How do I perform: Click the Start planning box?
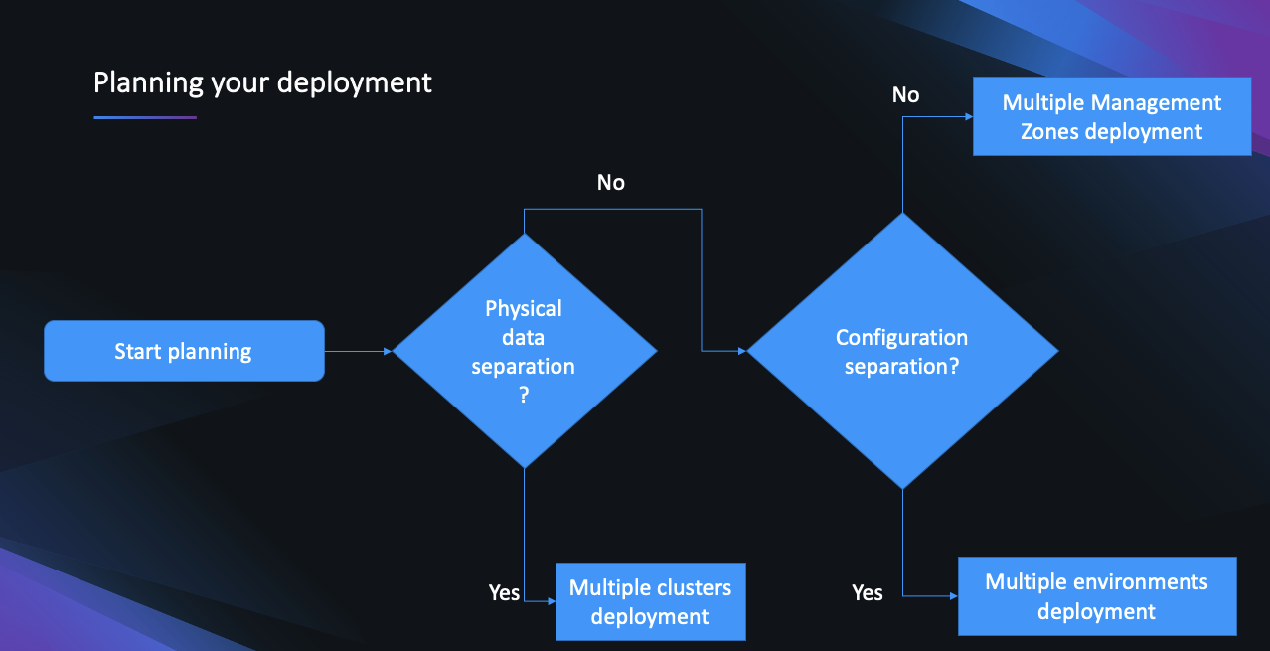pos(184,351)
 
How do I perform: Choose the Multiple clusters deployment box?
pos(650,601)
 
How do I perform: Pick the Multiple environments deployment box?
pos(1097,596)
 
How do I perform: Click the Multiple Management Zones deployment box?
pos(1111,117)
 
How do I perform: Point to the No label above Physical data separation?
pos(611,183)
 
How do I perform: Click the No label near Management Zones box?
pos(906,95)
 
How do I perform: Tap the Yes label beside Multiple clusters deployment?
pos(505,592)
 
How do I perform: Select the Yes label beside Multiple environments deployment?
pos(868,592)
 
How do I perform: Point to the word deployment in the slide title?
pos(355,82)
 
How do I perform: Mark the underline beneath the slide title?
pos(145,118)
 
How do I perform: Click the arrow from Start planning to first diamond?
pos(358,351)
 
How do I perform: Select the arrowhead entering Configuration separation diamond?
pos(742,351)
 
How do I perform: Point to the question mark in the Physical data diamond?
pos(524,394)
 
